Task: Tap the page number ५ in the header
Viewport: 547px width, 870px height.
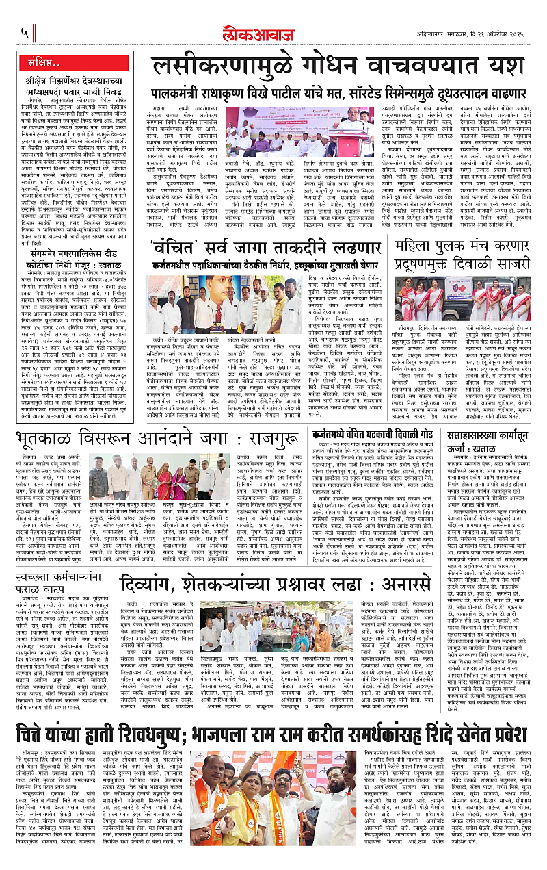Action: [25, 31]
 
